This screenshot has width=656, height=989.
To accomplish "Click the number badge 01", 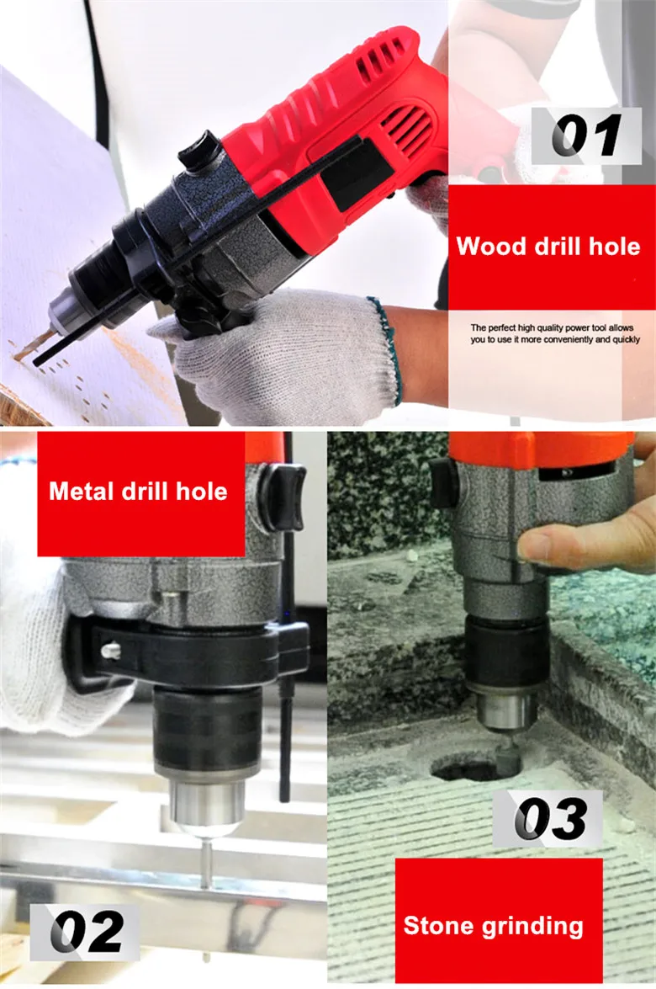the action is click(x=586, y=136).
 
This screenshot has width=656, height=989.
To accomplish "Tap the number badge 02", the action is click(x=85, y=932).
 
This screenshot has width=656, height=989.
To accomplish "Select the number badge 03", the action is click(x=548, y=818).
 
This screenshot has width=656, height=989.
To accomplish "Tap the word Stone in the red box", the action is click(x=438, y=925).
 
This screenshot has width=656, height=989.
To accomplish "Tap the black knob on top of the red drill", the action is click(x=200, y=150).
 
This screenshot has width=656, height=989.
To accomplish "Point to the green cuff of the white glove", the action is click(x=386, y=351).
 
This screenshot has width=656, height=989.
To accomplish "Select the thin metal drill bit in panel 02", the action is click(x=205, y=860).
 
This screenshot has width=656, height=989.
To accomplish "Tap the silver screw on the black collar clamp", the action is click(x=111, y=650).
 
